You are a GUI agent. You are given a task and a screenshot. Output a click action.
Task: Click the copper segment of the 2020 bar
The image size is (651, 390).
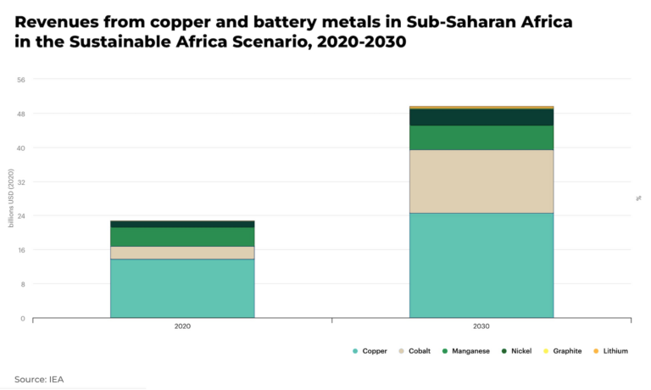[182, 288]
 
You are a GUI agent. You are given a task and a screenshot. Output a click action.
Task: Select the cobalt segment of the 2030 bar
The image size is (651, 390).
[481, 181]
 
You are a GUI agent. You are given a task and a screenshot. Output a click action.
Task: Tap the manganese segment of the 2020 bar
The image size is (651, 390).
[182, 237]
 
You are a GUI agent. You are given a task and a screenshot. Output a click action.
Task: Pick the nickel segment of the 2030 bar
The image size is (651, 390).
[481, 117]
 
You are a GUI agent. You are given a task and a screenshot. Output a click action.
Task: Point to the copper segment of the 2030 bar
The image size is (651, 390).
[481, 265]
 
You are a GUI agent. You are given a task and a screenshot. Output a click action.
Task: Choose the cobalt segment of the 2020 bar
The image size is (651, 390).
[182, 253]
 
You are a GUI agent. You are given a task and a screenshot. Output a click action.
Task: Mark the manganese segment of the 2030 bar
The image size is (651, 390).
[481, 137]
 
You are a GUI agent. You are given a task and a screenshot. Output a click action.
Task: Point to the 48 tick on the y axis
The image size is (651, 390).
[21, 114]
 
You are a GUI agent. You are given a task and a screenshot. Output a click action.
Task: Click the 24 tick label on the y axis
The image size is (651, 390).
[21, 216]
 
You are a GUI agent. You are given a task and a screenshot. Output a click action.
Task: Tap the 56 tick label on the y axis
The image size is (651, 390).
[21, 80]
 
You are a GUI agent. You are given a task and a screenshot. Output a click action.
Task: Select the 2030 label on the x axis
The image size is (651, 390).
[481, 326]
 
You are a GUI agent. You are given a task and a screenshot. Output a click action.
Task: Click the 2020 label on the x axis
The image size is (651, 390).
[182, 326]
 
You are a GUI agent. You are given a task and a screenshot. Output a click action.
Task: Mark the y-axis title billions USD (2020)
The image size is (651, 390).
[11, 198]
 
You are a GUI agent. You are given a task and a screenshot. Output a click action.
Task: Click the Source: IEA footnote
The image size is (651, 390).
[39, 379]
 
